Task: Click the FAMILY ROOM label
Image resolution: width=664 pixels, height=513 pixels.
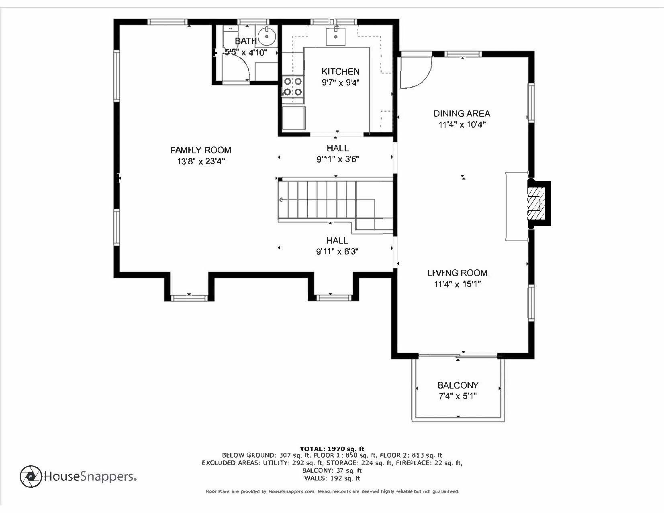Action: (x=200, y=150)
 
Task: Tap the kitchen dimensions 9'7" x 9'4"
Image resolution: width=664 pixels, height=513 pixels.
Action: (x=340, y=83)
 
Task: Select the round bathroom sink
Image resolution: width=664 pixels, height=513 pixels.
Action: (x=266, y=36)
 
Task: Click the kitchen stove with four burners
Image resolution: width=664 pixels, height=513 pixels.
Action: (x=292, y=87)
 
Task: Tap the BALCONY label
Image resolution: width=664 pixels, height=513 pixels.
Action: (x=458, y=385)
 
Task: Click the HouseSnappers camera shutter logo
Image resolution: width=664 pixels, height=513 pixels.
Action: (x=31, y=476)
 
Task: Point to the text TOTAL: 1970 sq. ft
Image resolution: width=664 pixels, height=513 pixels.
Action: (x=332, y=449)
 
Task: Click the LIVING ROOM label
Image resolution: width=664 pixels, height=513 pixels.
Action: (x=457, y=273)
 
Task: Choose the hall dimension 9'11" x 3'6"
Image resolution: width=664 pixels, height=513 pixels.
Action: (x=337, y=159)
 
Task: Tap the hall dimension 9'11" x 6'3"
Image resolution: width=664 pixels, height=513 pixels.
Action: (x=337, y=252)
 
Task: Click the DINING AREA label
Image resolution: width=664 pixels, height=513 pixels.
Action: (x=462, y=114)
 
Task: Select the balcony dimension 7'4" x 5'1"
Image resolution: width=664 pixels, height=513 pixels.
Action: (x=458, y=396)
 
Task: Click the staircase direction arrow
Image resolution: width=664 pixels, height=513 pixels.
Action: (x=281, y=199)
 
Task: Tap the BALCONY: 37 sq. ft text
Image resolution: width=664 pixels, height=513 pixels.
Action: (x=332, y=470)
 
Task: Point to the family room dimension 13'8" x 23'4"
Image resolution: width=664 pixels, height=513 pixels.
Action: (x=200, y=161)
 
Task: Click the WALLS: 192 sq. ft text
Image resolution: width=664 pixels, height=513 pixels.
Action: (x=332, y=478)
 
